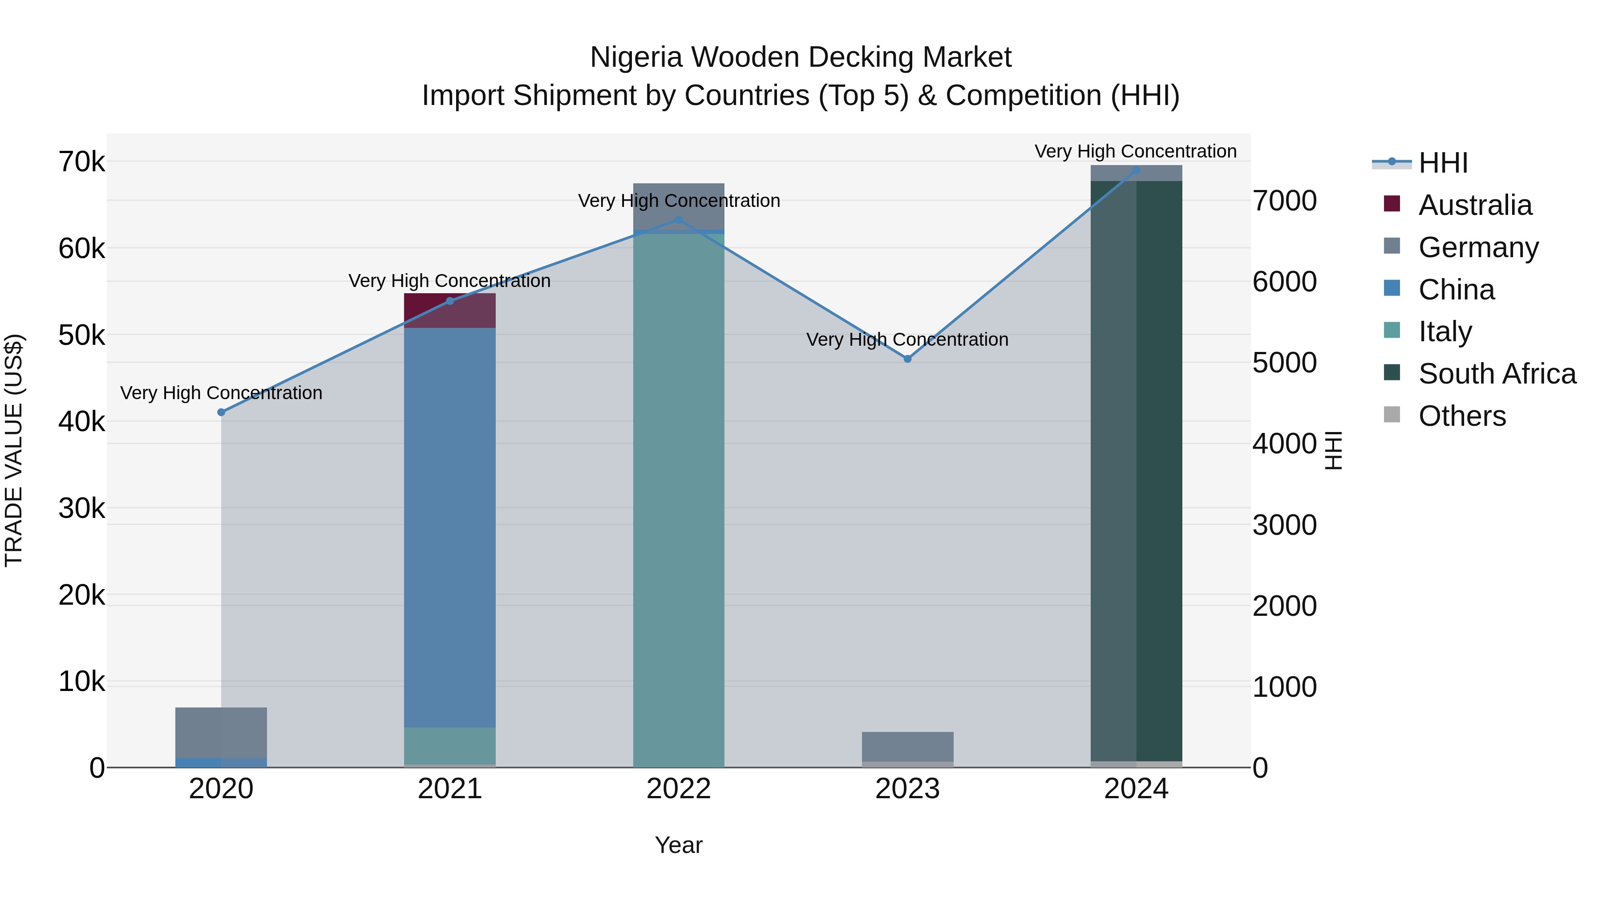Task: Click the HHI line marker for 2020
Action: tap(222, 412)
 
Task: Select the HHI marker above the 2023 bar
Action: tap(907, 359)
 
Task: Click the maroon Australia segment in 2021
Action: tap(449, 310)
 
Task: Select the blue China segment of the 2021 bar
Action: tap(449, 529)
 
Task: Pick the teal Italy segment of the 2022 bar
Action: tap(679, 497)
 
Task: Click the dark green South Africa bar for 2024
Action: tap(1136, 473)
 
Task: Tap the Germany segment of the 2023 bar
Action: tap(907, 746)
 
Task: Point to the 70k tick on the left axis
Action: tap(81, 162)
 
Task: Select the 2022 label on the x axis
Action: tap(679, 789)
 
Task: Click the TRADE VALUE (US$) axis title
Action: tap(14, 450)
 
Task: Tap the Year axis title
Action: tap(679, 845)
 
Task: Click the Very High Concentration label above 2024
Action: tap(1136, 151)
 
